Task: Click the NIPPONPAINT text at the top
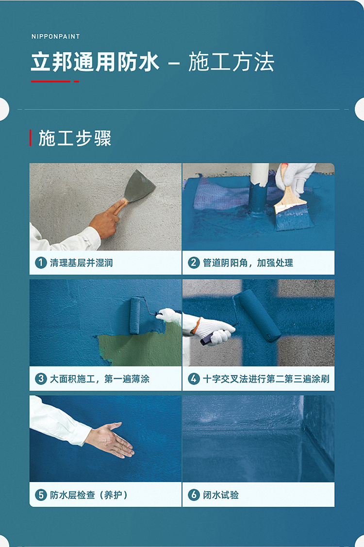[55, 36]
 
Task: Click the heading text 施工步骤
[75, 138]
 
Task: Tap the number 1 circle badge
[41, 263]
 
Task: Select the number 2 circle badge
[194, 263]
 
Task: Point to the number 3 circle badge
[41, 379]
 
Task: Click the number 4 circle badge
[194, 379]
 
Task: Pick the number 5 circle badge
[41, 495]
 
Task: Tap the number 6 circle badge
[194, 495]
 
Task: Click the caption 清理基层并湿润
[82, 263]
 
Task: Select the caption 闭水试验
[221, 495]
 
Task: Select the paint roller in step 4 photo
[257, 315]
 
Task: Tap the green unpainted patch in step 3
[140, 349]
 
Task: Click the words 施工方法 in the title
[231, 62]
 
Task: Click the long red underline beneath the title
[50, 82]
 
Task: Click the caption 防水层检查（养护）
[89, 495]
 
